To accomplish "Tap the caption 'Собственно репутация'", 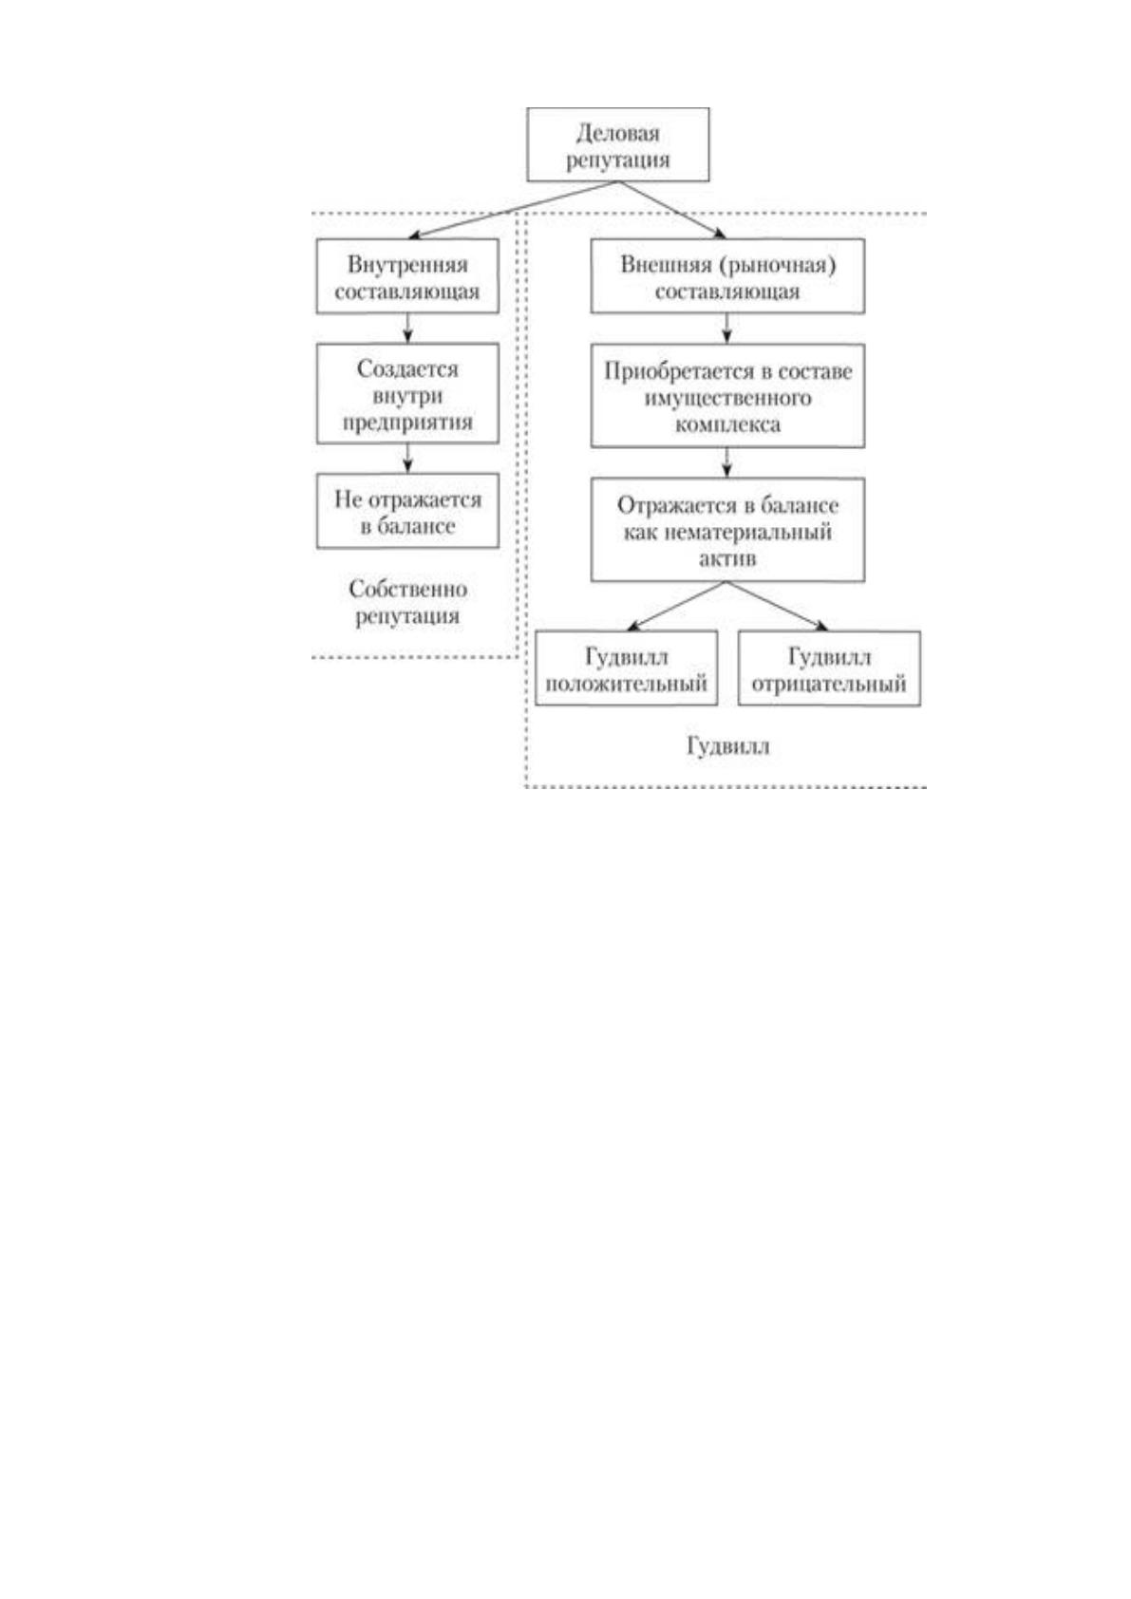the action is click(407, 603).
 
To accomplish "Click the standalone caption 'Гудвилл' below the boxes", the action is click(728, 746).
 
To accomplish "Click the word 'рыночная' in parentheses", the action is click(777, 265).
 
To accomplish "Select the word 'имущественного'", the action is click(727, 398).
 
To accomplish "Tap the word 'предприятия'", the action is click(407, 422).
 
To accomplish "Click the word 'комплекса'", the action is click(727, 424).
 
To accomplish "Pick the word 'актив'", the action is click(727, 558).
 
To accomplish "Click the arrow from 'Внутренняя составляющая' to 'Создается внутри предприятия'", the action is click(407, 329).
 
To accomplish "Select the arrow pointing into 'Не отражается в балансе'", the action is click(407, 459).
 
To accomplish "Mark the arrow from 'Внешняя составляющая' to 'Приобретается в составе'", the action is click(727, 329).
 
